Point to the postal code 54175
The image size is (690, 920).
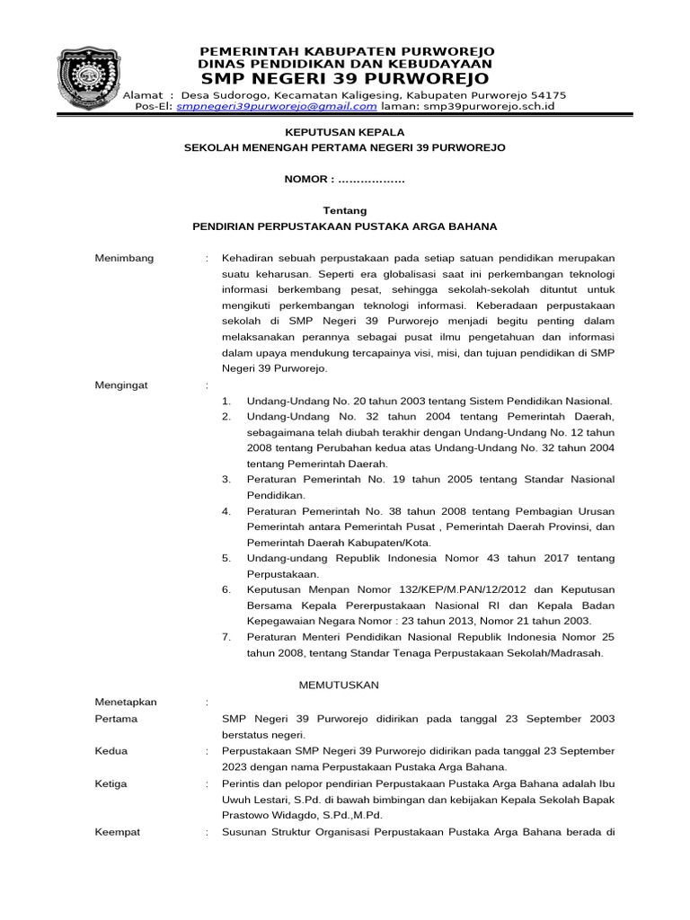point(548,94)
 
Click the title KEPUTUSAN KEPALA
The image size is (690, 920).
point(345,131)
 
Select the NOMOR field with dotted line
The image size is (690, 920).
point(345,180)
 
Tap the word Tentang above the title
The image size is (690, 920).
point(345,210)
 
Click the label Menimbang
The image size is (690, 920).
point(124,259)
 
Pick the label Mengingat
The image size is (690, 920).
point(123,385)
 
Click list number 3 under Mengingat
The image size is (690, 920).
point(226,480)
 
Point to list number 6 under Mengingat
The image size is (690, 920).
point(226,589)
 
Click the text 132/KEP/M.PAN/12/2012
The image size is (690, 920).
point(421,589)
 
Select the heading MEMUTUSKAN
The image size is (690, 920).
point(339,685)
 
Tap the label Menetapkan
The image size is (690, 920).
point(126,702)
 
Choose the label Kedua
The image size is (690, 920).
point(111,751)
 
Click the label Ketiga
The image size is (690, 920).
point(112,783)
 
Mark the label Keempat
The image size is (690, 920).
point(117,832)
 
